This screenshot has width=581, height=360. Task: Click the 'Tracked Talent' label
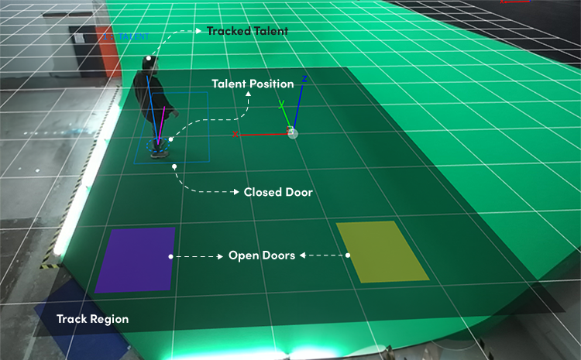tap(247, 31)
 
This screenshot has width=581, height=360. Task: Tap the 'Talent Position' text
tap(253, 84)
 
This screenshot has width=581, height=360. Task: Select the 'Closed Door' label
tap(278, 192)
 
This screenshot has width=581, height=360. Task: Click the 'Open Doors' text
tap(262, 255)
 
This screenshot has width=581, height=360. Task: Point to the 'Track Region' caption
tap(93, 319)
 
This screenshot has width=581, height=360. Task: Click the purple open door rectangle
tap(136, 259)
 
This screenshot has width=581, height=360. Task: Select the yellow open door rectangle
tap(382, 252)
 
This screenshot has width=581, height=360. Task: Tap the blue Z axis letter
tap(304, 79)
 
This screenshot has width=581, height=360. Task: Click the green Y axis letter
tap(282, 104)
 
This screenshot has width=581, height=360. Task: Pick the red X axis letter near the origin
tap(235, 134)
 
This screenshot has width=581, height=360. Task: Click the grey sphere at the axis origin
tap(293, 133)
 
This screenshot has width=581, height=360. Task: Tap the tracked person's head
tap(150, 63)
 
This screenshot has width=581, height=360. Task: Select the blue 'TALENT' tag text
tap(133, 36)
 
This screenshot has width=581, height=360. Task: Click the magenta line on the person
tap(161, 125)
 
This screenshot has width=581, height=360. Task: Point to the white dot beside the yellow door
tap(348, 255)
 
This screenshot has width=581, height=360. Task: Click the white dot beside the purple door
tap(170, 256)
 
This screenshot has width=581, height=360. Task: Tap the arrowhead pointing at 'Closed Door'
tap(236, 192)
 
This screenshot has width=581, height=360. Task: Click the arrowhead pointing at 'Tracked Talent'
tap(198, 31)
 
